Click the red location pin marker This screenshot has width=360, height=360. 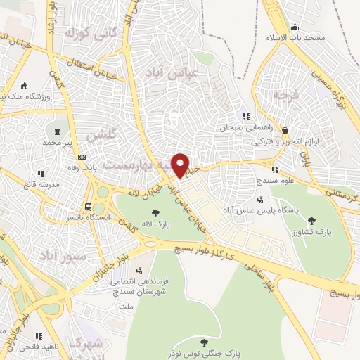pos(181,165)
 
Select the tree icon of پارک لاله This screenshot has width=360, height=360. pos(155,213)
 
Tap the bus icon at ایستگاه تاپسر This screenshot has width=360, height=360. pos(88,207)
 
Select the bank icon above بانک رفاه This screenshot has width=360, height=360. pos(83,157)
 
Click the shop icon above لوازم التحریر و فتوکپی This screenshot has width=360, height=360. pos(285,130)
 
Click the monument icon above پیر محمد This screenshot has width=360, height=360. pos(56,131)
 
